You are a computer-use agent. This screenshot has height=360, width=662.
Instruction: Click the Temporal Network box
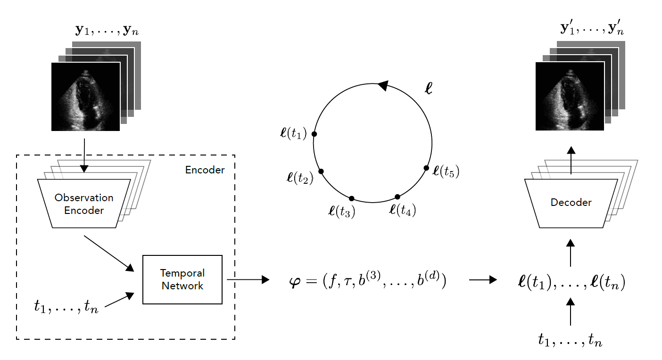click(x=182, y=279)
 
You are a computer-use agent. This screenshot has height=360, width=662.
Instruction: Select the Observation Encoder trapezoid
click(x=84, y=204)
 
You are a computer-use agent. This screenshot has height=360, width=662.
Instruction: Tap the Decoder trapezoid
click(x=571, y=203)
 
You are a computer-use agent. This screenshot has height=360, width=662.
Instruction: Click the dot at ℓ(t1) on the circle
click(x=314, y=134)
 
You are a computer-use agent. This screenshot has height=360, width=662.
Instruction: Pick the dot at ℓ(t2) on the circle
click(x=321, y=171)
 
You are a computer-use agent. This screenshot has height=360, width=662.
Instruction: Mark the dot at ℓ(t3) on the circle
click(x=351, y=198)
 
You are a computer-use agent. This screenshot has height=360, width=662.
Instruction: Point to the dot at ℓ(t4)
click(x=397, y=196)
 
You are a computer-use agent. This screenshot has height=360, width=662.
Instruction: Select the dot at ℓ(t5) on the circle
click(x=426, y=168)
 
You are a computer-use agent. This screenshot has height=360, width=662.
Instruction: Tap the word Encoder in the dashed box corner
click(x=205, y=170)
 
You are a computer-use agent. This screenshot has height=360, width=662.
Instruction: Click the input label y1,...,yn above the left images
click(x=107, y=31)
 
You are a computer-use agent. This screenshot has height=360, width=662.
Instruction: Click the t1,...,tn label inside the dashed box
click(x=66, y=307)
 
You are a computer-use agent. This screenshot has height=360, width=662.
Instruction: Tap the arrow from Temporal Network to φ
click(x=248, y=279)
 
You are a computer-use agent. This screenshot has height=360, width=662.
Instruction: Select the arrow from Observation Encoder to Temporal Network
click(x=108, y=253)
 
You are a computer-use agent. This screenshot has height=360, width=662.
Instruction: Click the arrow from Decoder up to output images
click(x=571, y=160)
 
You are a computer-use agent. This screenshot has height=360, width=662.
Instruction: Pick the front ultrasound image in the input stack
click(x=85, y=97)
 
